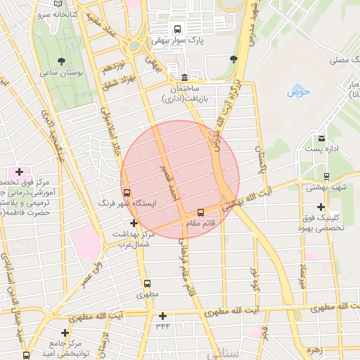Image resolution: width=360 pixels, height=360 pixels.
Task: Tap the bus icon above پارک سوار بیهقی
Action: pos(176,30)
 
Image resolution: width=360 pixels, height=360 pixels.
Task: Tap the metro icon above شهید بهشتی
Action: pos(326,176)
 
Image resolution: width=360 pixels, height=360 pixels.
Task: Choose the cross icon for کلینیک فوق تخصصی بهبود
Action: pos(321,207)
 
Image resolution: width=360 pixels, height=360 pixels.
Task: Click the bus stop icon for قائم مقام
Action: pos(200,212)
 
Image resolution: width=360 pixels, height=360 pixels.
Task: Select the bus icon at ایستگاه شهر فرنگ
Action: pos(127,192)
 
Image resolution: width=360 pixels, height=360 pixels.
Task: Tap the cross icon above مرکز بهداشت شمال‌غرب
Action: pos(134,223)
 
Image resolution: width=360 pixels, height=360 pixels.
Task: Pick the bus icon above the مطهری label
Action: pos(147,284)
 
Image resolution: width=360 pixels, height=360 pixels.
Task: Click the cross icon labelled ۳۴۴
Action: pos(163,316)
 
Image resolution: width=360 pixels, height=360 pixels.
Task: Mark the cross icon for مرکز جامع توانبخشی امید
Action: pos(65,333)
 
